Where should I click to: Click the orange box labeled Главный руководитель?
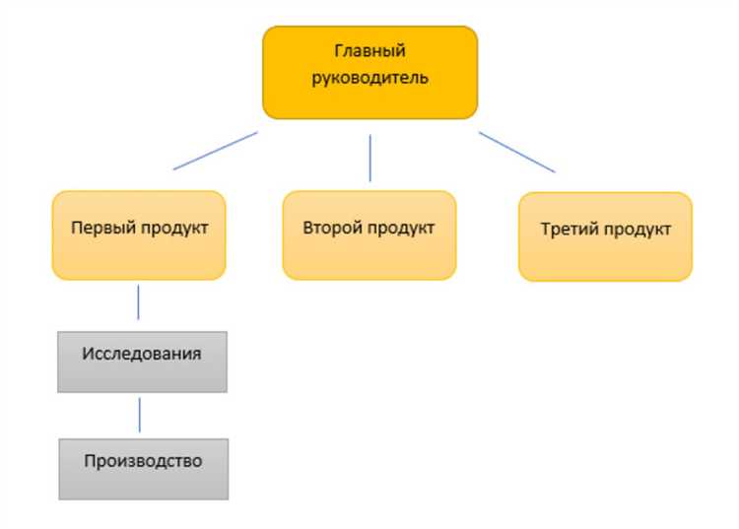pyautogui.click(x=369, y=72)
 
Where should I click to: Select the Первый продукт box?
pyautogui.click(x=139, y=235)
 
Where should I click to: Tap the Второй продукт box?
pyautogui.click(x=369, y=235)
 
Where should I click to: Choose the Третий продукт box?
pyautogui.click(x=605, y=236)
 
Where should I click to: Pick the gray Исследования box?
pyautogui.click(x=142, y=362)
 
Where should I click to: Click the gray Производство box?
pyautogui.click(x=143, y=468)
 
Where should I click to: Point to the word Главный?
pyautogui.click(x=369, y=50)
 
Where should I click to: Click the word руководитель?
pyautogui.click(x=369, y=76)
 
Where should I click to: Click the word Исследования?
pyautogui.click(x=143, y=353)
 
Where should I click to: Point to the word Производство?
pyautogui.click(x=143, y=460)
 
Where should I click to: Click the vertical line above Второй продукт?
pyautogui.click(x=369, y=157)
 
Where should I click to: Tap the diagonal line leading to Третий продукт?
pyautogui.click(x=517, y=152)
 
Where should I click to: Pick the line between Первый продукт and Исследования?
pyautogui.click(x=138, y=301)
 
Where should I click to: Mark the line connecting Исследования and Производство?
pyautogui.click(x=139, y=414)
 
